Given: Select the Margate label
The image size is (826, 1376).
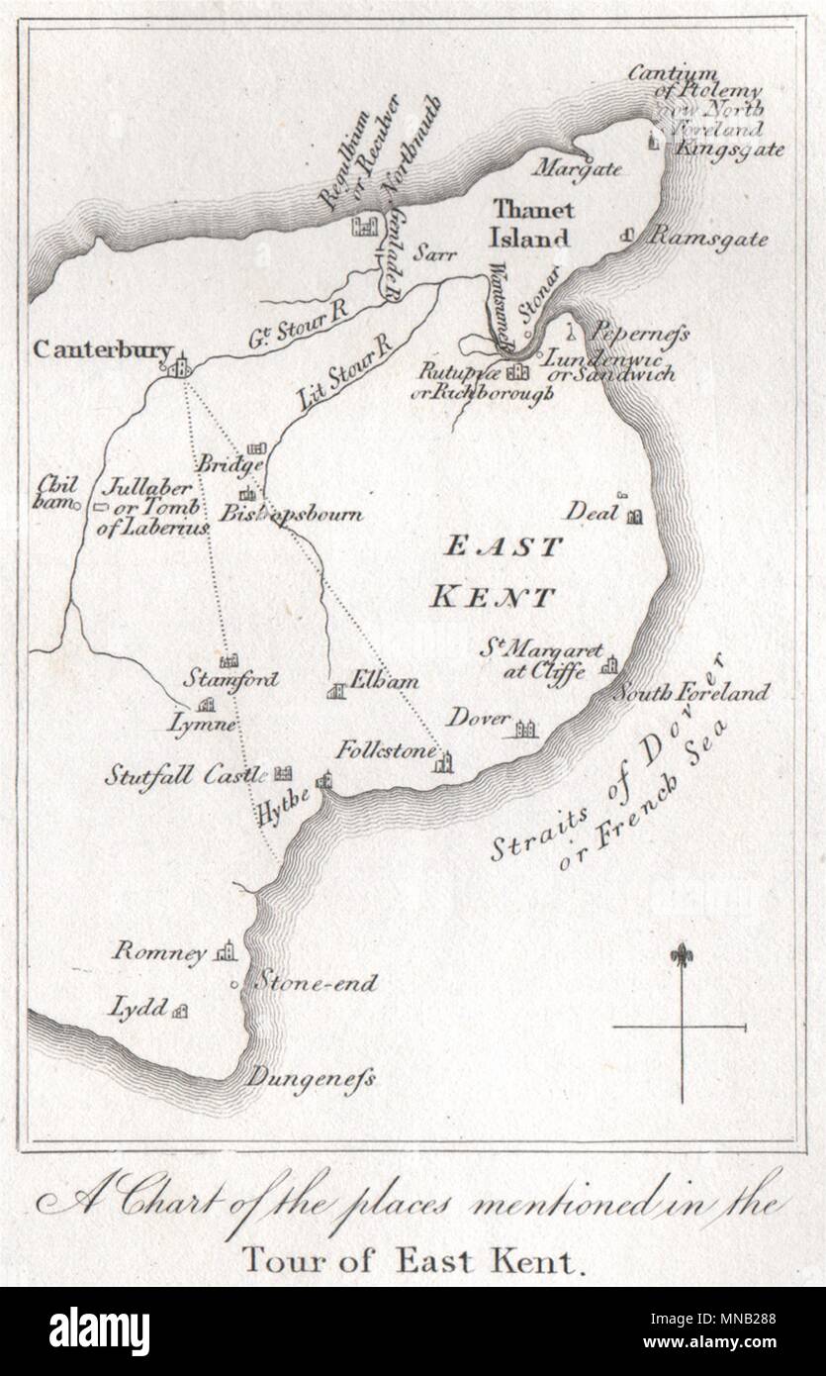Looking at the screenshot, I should (x=578, y=169).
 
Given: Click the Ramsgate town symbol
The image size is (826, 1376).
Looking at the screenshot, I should (x=626, y=236).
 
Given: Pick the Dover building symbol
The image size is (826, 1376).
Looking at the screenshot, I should (x=523, y=730).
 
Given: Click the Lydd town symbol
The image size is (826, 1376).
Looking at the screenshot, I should (x=180, y=1011).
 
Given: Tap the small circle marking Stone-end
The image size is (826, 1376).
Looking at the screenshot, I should (x=233, y=985).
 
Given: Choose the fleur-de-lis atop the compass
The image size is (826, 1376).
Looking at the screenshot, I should (x=681, y=958).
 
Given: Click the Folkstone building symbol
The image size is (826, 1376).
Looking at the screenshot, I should (x=445, y=759).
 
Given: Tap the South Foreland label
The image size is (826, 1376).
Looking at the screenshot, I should (x=689, y=692).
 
